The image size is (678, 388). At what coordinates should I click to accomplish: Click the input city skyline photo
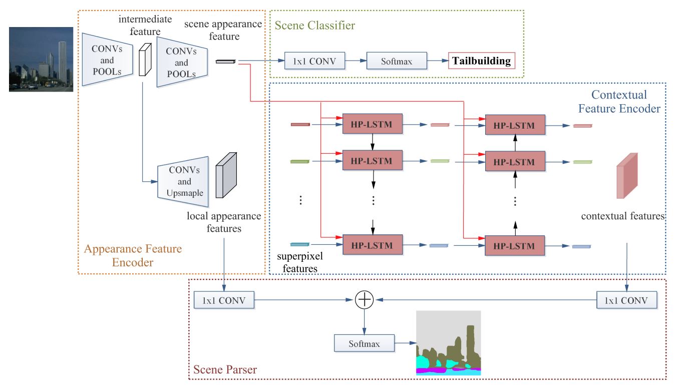point(41,59)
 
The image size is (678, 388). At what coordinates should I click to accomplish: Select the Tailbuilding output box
point(481,62)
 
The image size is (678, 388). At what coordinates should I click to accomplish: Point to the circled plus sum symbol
point(364,299)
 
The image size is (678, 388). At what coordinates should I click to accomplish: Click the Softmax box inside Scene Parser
point(364,344)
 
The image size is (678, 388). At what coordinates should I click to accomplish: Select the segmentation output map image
point(448,343)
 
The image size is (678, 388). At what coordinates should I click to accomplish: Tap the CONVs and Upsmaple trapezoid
point(183,180)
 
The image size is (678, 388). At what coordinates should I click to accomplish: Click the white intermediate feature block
point(144,60)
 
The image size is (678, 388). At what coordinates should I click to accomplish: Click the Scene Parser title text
point(225,370)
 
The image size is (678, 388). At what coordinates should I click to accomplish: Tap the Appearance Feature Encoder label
point(133,255)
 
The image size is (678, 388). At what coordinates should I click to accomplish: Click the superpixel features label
point(300,262)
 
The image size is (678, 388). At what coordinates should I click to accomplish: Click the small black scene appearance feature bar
point(225,62)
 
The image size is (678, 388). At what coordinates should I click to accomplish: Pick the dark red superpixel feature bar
point(300,124)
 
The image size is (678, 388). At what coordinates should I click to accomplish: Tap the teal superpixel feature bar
point(300,245)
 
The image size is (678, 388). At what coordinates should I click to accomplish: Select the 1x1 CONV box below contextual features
point(626,300)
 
